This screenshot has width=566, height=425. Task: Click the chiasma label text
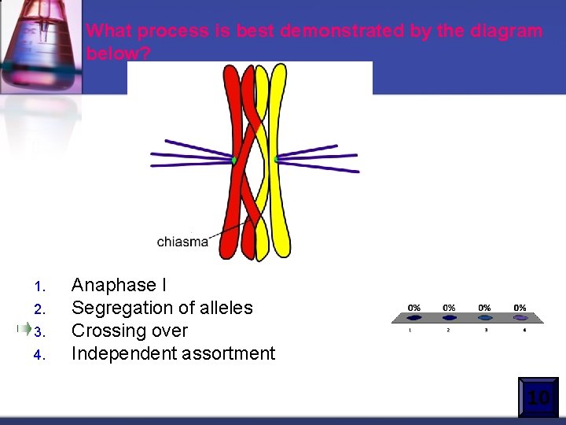point(182,242)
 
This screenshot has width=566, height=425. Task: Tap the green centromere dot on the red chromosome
point(234,161)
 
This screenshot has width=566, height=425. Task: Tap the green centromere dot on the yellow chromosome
point(277,160)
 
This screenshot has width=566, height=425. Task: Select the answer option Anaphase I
point(119,284)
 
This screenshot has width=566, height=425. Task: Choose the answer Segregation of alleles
point(162,308)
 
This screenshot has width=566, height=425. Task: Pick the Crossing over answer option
point(130,331)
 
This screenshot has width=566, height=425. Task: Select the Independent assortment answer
point(173,353)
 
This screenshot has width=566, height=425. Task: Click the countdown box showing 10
point(538,397)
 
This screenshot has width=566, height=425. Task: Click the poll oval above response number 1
point(414,319)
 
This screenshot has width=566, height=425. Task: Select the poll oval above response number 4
point(520,319)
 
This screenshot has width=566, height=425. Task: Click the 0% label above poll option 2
point(449,308)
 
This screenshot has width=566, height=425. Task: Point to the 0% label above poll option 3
point(484,308)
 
